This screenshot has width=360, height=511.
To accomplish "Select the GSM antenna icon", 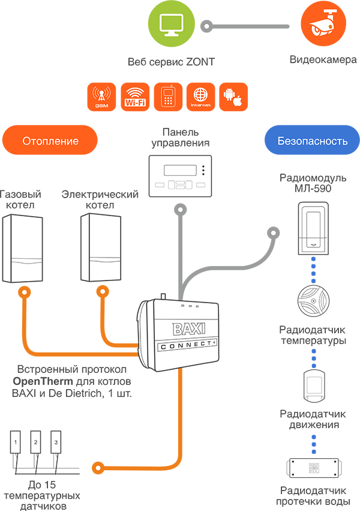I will tap(101, 96).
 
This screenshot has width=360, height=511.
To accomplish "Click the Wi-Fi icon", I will tap(135, 96).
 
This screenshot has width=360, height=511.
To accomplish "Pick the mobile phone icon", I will tap(167, 96).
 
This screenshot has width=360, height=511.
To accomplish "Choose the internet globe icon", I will tap(200, 96).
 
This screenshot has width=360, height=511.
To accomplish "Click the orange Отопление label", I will tap(51, 142).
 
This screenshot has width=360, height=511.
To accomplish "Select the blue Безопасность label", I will tap(313, 142).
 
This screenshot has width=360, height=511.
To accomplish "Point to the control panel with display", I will tap(181, 177).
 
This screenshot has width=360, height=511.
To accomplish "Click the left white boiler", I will tap(23, 247).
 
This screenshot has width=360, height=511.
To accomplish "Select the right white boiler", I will tap(100, 247).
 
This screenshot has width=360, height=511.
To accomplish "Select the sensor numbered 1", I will tap(16, 443).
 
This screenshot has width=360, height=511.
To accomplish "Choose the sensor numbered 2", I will tap(36, 443).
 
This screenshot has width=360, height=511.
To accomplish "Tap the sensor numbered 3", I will tap(56, 443).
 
